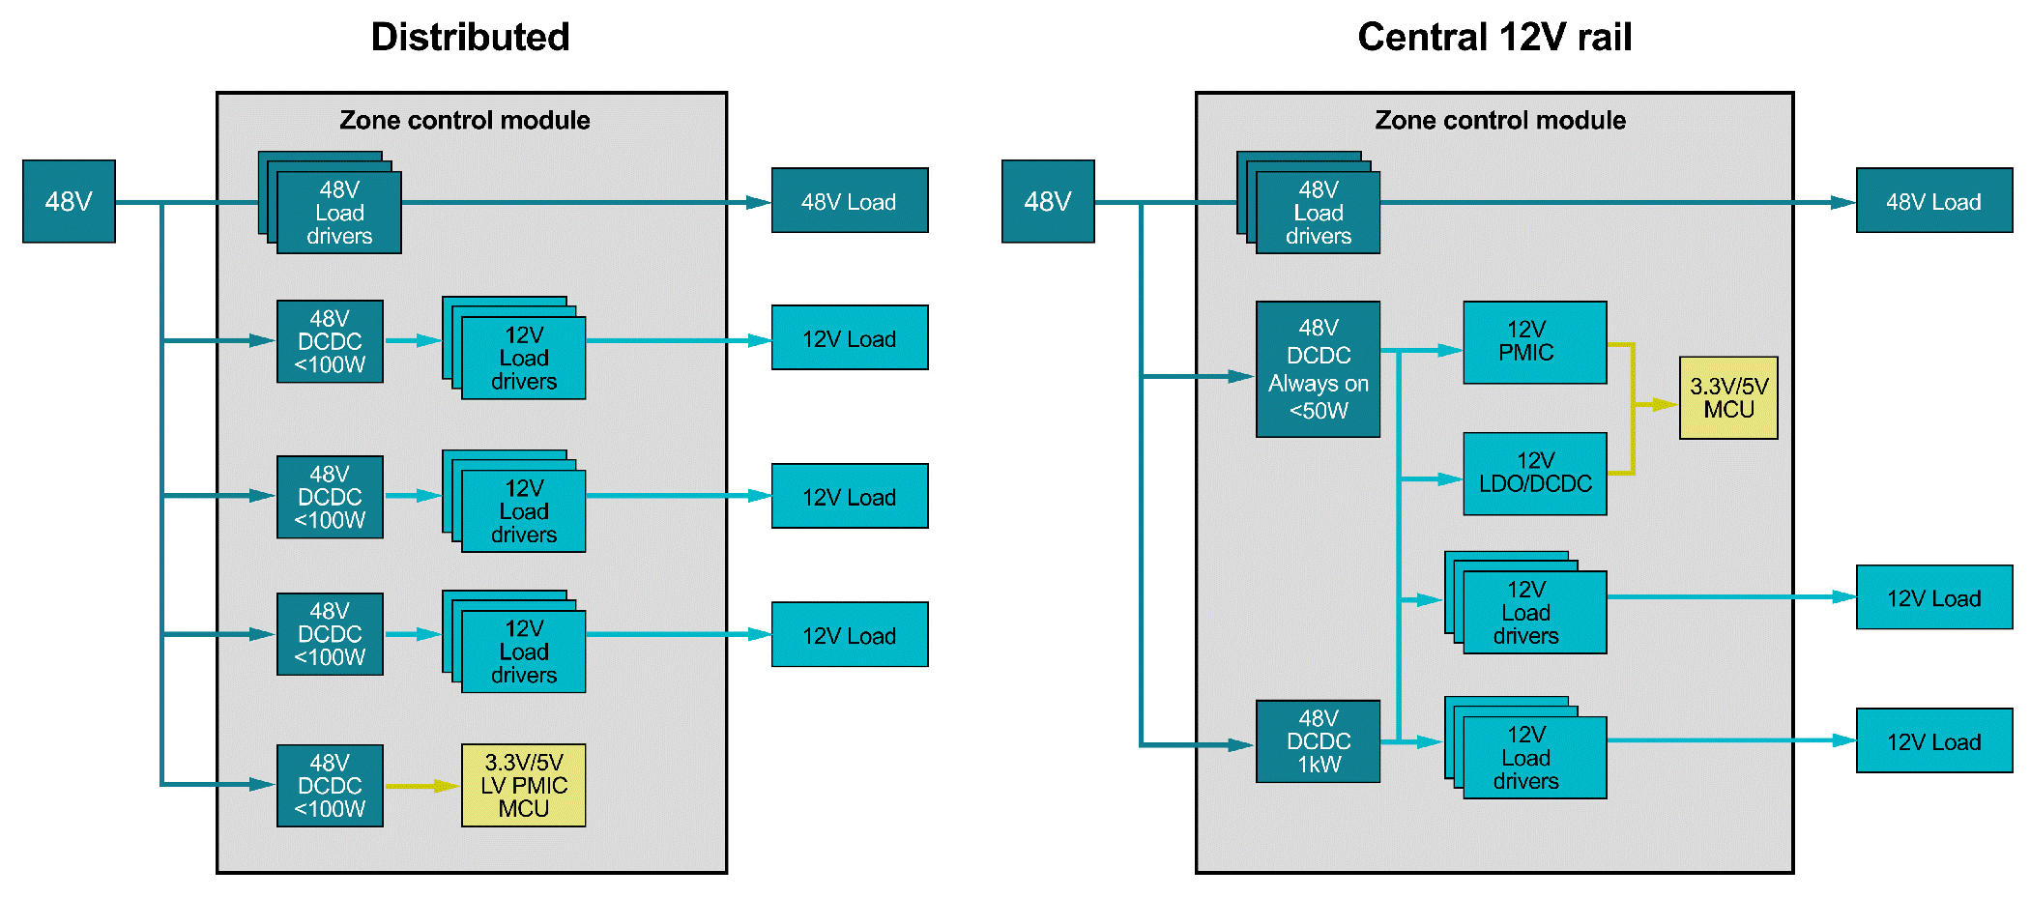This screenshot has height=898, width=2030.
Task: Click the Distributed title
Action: point(470,38)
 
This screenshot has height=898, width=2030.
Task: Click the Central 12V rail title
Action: point(1493,38)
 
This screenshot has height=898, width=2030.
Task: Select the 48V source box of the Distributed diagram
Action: point(69,201)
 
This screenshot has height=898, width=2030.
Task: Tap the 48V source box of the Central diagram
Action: point(1048,201)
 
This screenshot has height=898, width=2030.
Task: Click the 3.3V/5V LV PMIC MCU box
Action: point(523,785)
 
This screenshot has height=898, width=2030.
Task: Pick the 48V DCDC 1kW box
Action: point(1318,741)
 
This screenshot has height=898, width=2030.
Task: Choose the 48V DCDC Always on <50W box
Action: point(1318,369)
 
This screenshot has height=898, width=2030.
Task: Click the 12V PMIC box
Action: point(1534,342)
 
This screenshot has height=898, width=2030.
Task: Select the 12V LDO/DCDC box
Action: point(1534,474)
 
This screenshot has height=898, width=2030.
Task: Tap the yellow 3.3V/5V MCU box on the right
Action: point(1728,397)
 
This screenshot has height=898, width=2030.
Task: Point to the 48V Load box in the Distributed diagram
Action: point(849,201)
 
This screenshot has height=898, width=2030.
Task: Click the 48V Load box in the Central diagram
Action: point(1933,201)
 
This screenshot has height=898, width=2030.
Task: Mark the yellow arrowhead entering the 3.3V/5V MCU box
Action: point(1665,404)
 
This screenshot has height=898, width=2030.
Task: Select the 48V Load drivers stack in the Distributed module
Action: point(338,212)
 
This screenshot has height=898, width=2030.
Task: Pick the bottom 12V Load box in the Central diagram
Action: point(1933,741)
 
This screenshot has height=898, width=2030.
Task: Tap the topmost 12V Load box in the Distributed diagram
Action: point(849,338)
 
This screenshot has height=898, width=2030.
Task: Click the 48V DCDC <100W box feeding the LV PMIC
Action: point(330,785)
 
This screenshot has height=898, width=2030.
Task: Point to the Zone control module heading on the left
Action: point(464,120)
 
